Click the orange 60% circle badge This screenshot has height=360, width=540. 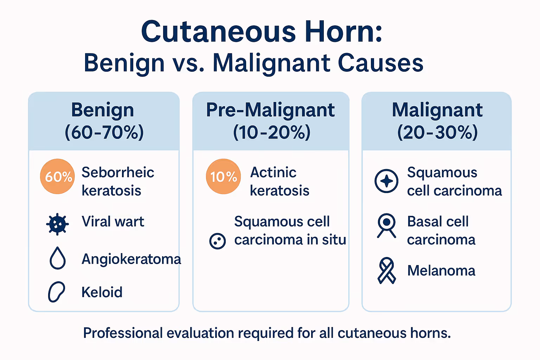click(x=58, y=176)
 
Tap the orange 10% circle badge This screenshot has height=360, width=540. click(x=223, y=176)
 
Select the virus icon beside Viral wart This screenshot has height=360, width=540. click(x=57, y=224)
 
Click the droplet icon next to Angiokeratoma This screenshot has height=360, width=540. click(x=58, y=258)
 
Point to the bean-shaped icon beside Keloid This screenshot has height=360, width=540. click(x=56, y=292)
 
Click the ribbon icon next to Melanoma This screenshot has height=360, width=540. click(x=386, y=271)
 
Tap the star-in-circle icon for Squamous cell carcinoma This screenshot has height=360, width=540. click(x=386, y=181)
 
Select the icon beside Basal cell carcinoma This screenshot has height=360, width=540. click(x=386, y=225)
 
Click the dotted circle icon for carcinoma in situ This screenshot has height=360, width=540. click(x=217, y=241)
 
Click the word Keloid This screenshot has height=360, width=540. click(x=102, y=292)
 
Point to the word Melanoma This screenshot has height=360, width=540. click(x=441, y=271)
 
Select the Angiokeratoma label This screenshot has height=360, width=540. click(x=131, y=259)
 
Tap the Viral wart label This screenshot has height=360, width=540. click(x=113, y=222)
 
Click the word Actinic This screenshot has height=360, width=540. click(x=273, y=173)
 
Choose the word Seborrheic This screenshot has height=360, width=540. click(x=118, y=173)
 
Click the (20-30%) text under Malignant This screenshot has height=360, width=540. click(x=437, y=133)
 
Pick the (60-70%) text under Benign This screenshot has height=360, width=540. click(x=104, y=133)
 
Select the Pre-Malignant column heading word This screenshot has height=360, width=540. click(x=270, y=110)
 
